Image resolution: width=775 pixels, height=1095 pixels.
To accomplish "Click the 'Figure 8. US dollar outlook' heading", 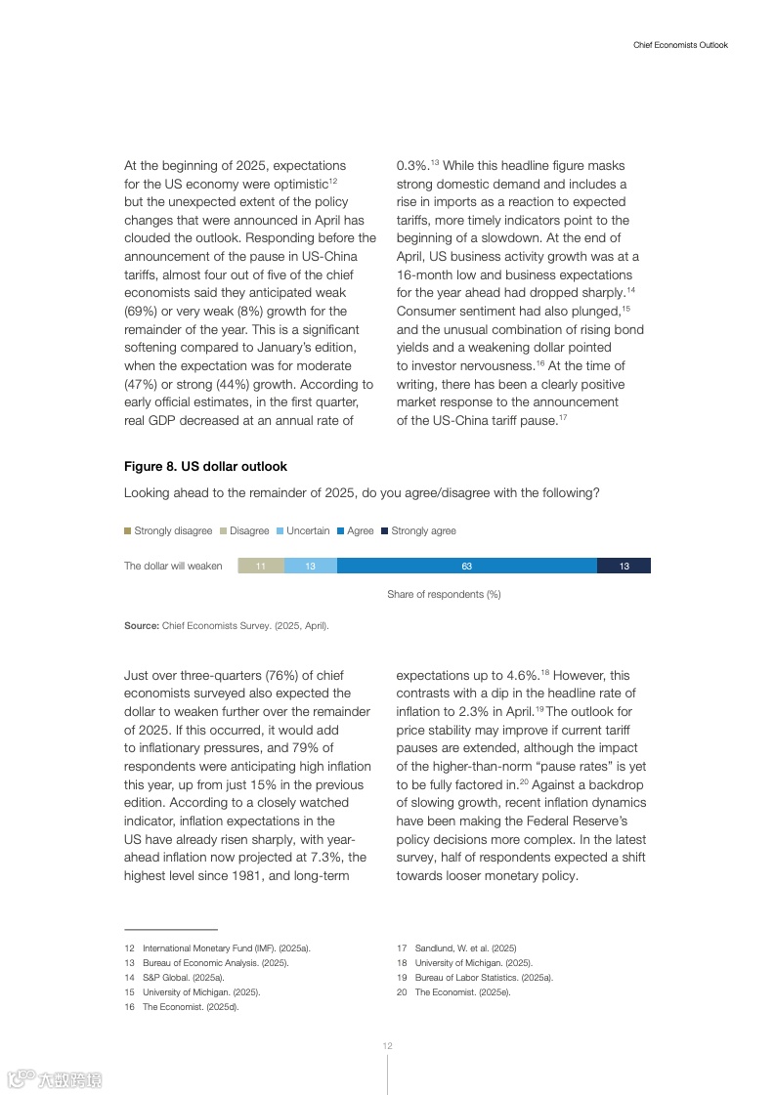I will coord(205,467).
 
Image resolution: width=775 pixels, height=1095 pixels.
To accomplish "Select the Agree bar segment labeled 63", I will coord(466,566).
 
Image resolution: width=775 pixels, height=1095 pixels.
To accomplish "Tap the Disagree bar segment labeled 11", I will coord(261,566).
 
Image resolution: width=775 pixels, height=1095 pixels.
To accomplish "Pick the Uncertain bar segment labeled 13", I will coord(311,566).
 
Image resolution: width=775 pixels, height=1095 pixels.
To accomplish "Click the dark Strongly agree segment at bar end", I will coord(624,566).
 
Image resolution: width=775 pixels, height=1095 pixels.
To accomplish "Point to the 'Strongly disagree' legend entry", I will coord(168,531).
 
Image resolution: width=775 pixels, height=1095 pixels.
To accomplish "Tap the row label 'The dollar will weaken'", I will coord(173,566).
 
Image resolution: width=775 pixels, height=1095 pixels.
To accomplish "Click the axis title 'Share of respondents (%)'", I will coord(444,594).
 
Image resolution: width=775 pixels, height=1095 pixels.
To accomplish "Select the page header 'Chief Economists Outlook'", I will coord(680,45).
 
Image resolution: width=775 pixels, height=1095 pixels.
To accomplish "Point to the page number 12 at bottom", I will coord(387,1046).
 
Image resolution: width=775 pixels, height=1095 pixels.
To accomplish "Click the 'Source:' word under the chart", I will coord(142,625).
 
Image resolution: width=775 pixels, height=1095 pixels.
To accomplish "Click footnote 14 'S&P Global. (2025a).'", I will coord(183,977).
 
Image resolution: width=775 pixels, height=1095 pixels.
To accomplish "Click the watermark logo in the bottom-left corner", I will coord(55,1079).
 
